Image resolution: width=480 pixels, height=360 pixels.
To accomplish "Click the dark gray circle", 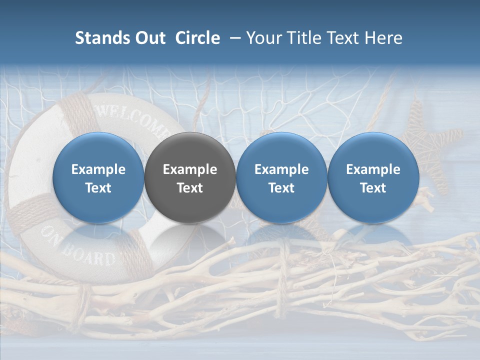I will pos(190,177).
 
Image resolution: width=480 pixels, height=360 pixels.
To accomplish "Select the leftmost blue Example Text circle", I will pos(98,177).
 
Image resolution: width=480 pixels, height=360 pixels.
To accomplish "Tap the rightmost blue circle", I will pos(373,177).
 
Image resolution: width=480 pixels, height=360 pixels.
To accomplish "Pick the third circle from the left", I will pos(281,177).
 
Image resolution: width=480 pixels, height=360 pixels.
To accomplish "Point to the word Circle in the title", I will pos(197,38).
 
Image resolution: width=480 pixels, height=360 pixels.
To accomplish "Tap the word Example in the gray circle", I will pos(190,169).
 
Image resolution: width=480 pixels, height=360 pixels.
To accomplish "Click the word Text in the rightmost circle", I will pos(373,188).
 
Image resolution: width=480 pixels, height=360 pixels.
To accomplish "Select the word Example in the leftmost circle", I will pos(98,169).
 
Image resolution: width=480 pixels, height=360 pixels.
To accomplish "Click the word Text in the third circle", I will pos(281,188).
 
